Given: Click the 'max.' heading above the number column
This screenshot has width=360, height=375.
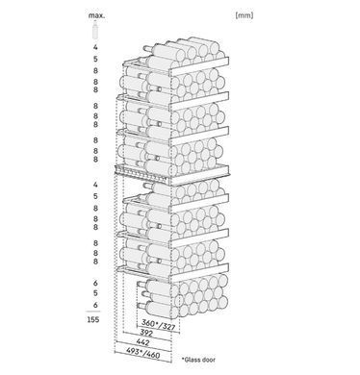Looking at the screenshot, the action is [x=96, y=15].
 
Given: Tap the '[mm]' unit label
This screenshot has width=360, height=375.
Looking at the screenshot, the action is [x=244, y=15].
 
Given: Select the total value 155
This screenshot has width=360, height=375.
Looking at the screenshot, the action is [x=93, y=319].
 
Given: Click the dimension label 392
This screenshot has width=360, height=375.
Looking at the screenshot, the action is [x=146, y=333].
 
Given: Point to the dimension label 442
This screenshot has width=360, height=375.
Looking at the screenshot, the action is [x=143, y=342].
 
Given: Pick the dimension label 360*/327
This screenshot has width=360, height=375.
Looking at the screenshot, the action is [x=159, y=324].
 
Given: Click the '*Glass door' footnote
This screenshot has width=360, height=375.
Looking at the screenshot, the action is [x=198, y=360].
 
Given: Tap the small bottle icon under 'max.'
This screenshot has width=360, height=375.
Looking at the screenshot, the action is [x=95, y=31].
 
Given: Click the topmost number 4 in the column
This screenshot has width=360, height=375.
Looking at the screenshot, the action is [x=95, y=47].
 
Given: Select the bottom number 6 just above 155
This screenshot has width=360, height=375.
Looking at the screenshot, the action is [x=95, y=305].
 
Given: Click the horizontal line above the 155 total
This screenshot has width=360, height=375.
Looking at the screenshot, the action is [x=93, y=312].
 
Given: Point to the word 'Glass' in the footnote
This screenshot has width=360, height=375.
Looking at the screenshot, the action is [x=193, y=360].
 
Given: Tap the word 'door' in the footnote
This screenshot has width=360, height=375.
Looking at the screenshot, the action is [x=210, y=360].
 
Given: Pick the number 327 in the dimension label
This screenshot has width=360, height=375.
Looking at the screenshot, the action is [x=168, y=326].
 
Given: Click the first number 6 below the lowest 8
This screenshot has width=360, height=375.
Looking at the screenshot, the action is [x=95, y=283].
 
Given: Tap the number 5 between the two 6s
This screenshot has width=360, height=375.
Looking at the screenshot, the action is [x=95, y=293].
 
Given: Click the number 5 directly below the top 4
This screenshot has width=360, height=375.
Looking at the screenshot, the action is [x=95, y=59].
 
